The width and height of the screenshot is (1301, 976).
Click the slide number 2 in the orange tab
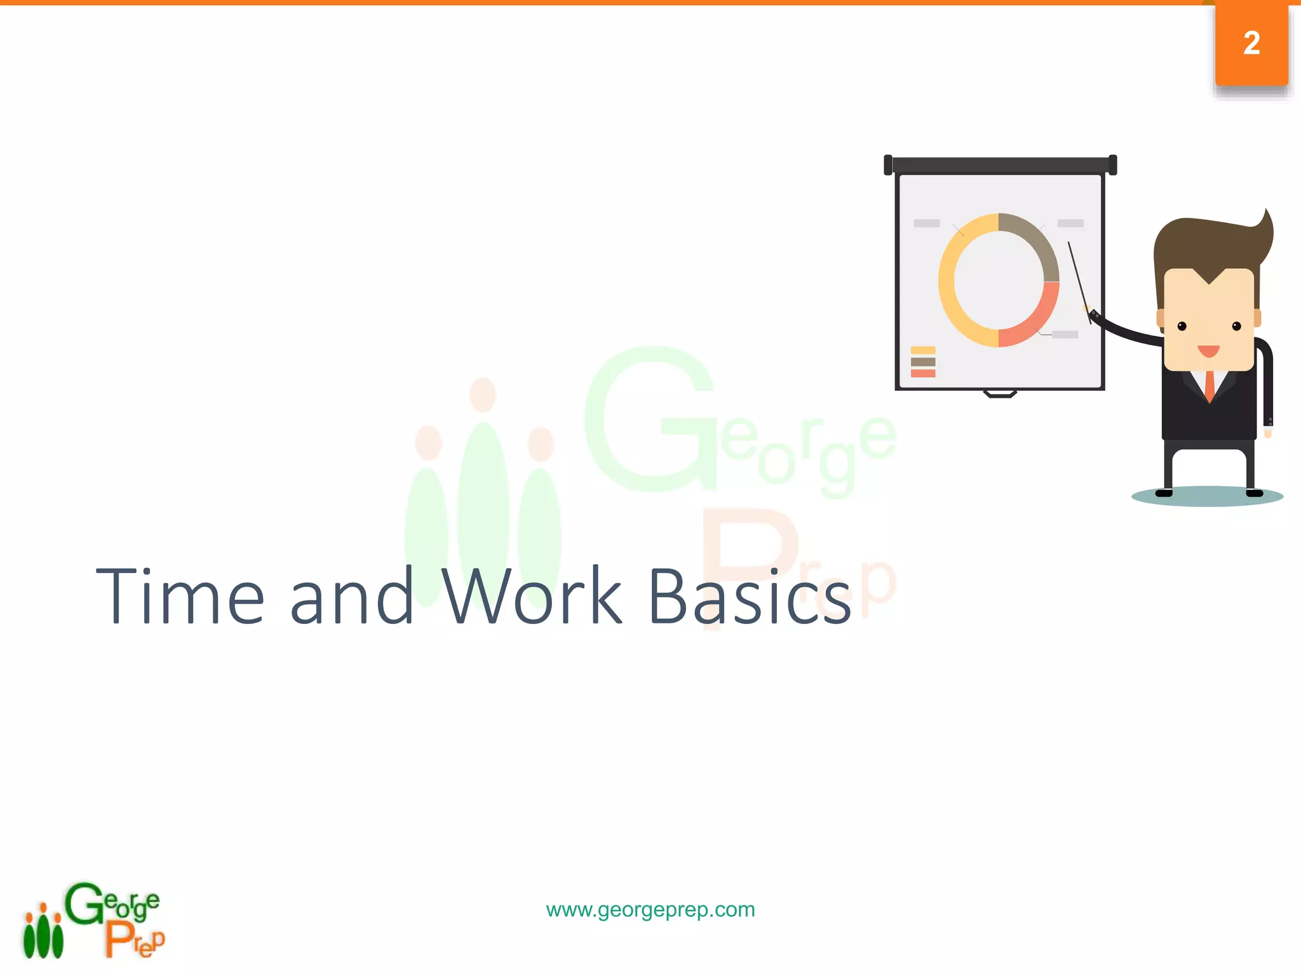tap(1251, 43)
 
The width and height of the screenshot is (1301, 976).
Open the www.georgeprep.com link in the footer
tap(650, 909)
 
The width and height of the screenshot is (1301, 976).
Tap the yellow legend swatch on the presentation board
tap(922, 350)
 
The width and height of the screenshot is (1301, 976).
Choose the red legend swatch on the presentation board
tap(922, 374)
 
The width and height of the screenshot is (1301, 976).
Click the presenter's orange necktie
tap(1210, 384)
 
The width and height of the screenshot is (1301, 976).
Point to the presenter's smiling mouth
tap(1208, 351)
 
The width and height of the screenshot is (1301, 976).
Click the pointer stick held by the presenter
tap(1079, 280)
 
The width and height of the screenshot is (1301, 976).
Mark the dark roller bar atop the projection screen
tap(1000, 165)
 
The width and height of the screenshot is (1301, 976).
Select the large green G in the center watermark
tap(648, 419)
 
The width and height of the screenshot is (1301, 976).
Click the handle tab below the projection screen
tap(1000, 394)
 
